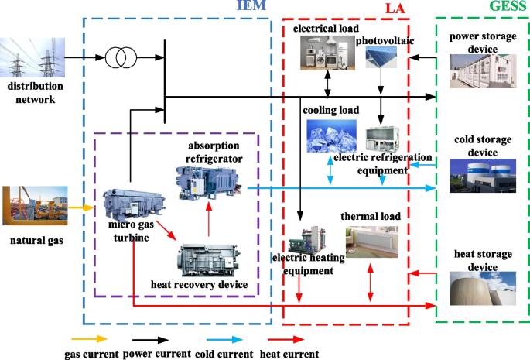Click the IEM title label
click(251, 7)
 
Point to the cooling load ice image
click(332, 136)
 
